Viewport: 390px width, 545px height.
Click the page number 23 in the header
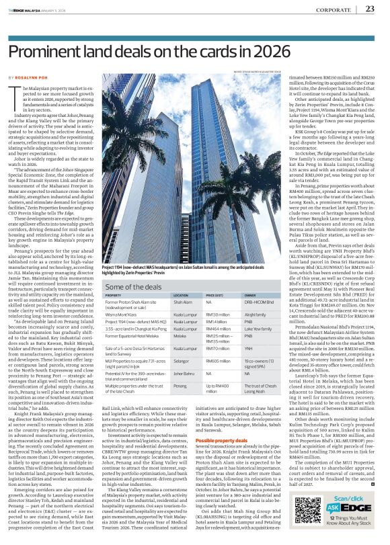369,9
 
